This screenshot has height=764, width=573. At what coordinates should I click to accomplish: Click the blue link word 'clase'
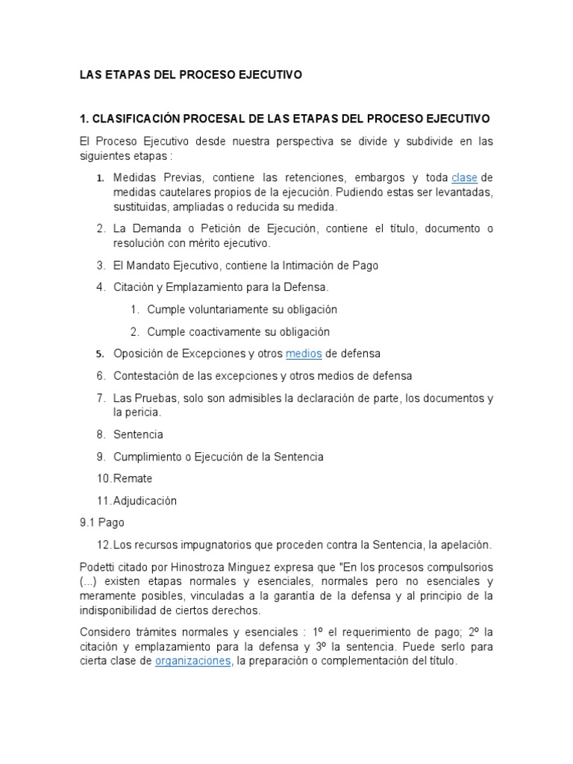pos(464,178)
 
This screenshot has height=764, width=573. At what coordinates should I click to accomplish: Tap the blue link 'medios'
pos(304,354)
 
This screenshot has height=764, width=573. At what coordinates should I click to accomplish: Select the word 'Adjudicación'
pos(145,501)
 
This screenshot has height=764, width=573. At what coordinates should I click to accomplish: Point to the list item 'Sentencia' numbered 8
pos(138,434)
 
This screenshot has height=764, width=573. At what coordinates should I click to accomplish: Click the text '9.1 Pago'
pos(102,524)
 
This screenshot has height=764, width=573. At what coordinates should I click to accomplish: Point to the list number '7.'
pos(101,398)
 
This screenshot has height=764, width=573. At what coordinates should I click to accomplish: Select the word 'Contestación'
pos(147,375)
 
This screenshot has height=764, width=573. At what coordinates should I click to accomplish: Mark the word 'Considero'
pos(105,633)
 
